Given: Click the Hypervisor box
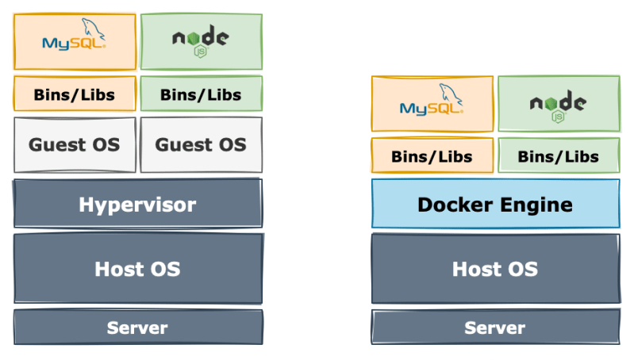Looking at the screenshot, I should pos(137,205).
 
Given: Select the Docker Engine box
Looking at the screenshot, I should pos(495,204).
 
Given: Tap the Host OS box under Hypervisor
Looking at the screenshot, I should pos(137,269).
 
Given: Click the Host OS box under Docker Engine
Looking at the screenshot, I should pos(495,269).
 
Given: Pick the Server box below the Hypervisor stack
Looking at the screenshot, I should pos(137,327).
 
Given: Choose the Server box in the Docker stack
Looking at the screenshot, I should pos(495,327).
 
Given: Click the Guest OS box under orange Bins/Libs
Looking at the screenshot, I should pos(74,144).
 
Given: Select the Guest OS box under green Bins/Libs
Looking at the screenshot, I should pos(201,144).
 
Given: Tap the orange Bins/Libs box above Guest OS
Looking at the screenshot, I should pos(74,94).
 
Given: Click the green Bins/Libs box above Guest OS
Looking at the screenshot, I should pos(201,94).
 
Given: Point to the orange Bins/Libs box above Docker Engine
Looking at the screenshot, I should pos(432,156).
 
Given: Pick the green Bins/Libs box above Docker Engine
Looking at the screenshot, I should pos(559,156).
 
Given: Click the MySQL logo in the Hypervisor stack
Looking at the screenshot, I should pos(74,40).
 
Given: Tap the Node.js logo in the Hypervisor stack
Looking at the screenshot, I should pos(201,40).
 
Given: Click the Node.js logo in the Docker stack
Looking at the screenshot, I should pos(559,104).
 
